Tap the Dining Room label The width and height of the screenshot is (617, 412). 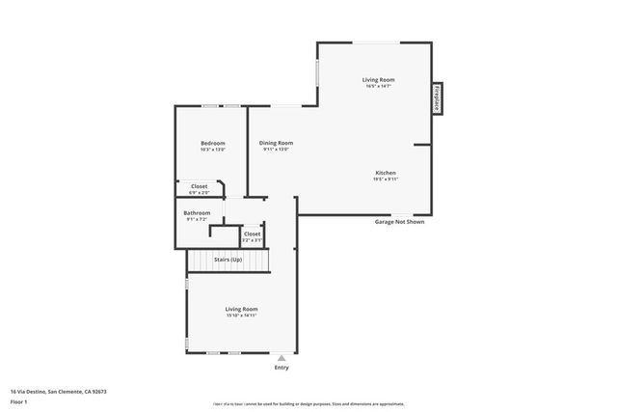276,142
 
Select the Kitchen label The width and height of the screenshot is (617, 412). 386,173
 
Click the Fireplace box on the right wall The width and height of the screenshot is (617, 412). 437,98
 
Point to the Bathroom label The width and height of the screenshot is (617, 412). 197,212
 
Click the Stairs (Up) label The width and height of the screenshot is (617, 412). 228,260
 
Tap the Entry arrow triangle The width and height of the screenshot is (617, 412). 282,357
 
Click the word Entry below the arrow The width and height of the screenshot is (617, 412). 282,368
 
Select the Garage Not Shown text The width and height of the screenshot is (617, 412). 399,222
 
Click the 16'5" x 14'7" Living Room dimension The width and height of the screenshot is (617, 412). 379,87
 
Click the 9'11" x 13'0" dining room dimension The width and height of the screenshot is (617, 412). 276,150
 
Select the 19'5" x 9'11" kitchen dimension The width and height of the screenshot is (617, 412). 386,179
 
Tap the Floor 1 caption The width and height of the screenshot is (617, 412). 19,401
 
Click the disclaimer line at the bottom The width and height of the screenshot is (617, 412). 308,403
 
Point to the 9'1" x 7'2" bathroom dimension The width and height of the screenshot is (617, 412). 197,219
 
